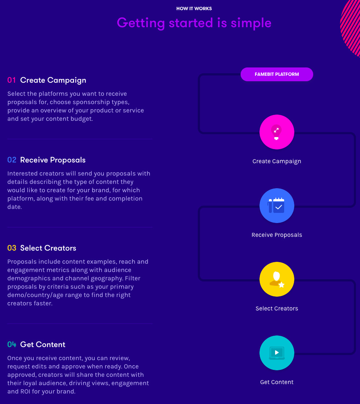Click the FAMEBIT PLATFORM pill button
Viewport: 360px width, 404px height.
click(x=277, y=74)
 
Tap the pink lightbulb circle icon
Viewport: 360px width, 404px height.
click(x=277, y=132)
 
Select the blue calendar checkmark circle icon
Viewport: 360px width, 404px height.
click(x=277, y=206)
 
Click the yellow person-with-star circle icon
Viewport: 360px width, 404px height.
click(x=277, y=279)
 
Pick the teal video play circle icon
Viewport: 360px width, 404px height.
click(x=277, y=353)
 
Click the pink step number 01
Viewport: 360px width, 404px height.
click(x=12, y=80)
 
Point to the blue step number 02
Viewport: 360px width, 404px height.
click(x=12, y=160)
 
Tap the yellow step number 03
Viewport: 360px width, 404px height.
click(x=12, y=248)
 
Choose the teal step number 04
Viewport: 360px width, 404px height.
click(x=12, y=345)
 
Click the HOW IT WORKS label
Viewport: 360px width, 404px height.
click(x=194, y=8)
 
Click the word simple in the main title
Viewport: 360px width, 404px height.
click(x=251, y=23)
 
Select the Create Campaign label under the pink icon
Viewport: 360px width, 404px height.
click(x=277, y=161)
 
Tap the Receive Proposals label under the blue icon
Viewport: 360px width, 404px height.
click(x=277, y=235)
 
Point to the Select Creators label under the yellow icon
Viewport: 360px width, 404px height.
click(x=277, y=308)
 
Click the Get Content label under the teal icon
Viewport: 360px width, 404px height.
click(x=277, y=382)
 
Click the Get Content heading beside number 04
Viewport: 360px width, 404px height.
click(x=43, y=345)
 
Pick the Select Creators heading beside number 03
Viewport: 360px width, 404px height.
click(x=48, y=248)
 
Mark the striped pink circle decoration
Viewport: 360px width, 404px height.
click(x=351, y=27)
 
